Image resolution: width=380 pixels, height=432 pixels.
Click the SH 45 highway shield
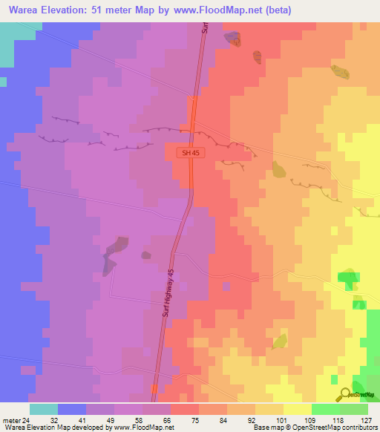190,152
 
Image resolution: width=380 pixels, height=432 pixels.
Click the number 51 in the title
102,10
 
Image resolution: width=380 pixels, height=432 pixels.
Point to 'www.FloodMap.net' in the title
222,10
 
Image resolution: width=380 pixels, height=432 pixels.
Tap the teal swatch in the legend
44,409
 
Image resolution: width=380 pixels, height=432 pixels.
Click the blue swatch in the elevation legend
72,409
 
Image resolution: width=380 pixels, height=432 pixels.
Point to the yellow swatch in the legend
297,409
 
